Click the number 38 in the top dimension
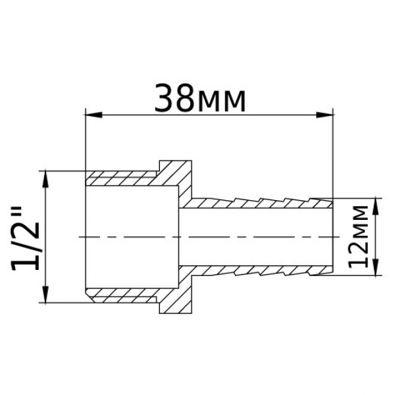click(174, 99)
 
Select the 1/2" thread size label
click(26, 237)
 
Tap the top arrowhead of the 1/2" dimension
click(45, 176)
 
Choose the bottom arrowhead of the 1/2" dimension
click(45, 297)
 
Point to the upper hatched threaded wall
click(122, 178)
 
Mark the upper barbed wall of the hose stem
click(263, 200)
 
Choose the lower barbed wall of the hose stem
click(263, 271)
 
